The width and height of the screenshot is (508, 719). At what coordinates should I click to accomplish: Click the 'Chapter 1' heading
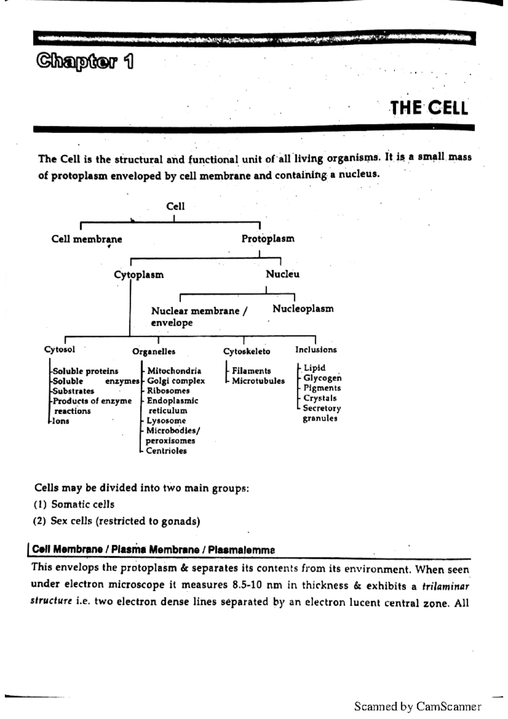coord(85,62)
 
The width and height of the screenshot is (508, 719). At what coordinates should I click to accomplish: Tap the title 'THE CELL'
coord(428,108)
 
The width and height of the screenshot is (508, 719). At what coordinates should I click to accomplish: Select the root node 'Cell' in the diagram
coord(175,206)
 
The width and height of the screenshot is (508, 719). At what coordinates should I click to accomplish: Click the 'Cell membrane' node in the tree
coord(87,239)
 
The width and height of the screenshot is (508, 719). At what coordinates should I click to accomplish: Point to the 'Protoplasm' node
coord(268,239)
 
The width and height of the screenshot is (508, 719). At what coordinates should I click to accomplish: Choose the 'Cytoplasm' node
coord(139,275)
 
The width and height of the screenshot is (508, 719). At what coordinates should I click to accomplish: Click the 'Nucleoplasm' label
coord(303,309)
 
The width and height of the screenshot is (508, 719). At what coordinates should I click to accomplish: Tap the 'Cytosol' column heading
coord(60,349)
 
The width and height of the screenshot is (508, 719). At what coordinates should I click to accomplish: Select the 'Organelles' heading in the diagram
coord(154,351)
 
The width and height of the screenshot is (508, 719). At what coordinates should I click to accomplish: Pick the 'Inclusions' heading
coord(316,350)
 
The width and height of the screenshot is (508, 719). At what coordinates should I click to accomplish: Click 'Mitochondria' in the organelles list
coord(174,371)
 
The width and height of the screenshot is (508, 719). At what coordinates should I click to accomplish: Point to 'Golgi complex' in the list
coord(176,381)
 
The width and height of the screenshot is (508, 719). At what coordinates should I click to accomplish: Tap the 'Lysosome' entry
coord(166,420)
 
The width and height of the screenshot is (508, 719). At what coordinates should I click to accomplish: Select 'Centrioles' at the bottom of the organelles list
coord(166,451)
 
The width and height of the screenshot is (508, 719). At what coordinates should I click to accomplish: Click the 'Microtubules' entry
coord(258,381)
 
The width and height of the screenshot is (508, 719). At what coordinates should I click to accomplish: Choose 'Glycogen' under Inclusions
coord(322,378)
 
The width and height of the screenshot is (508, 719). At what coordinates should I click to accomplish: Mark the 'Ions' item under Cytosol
coord(61,421)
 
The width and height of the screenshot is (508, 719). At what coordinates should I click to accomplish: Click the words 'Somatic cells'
coord(83,504)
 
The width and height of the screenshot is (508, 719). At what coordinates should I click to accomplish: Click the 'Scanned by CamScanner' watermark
coord(417,706)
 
